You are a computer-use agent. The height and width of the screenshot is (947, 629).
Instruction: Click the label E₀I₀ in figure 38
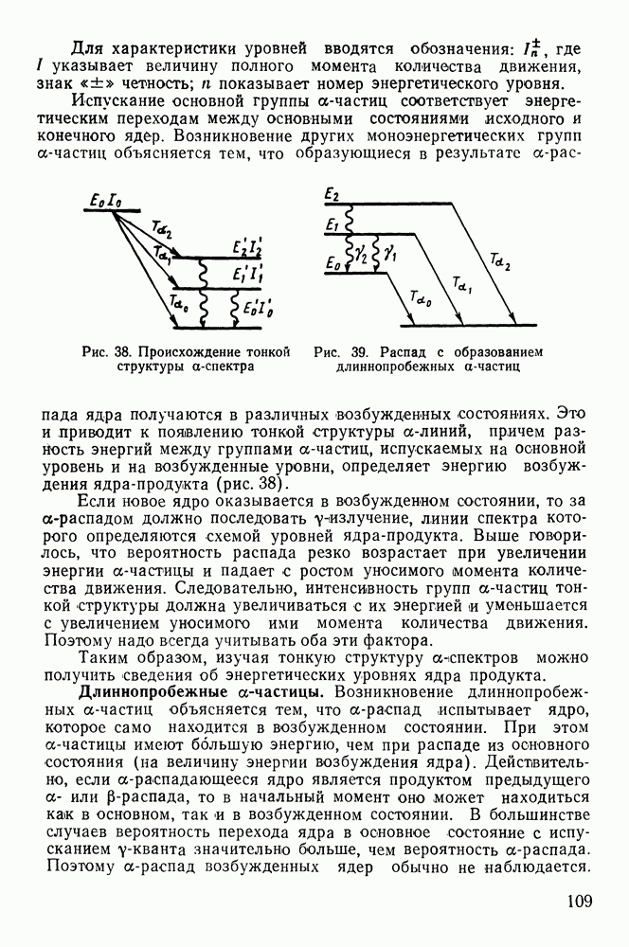pos(103,201)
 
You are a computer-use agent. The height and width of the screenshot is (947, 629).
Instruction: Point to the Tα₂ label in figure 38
pos(163,228)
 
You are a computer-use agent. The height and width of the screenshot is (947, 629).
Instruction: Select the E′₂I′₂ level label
pos(248,249)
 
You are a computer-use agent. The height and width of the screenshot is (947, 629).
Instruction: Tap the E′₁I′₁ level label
pos(248,276)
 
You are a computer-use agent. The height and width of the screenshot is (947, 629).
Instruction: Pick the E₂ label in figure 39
pos(332,194)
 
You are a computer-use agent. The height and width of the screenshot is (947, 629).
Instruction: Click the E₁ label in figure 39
pos(332,225)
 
